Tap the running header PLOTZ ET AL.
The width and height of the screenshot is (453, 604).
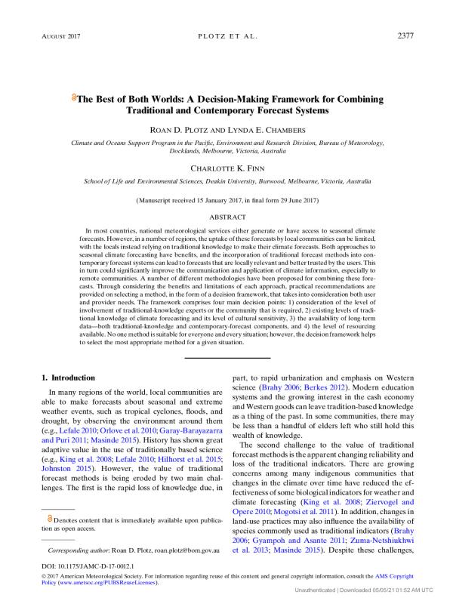226,35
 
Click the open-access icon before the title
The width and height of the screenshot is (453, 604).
73,98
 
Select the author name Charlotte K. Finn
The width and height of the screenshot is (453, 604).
226,169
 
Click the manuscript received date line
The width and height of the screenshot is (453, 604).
226,200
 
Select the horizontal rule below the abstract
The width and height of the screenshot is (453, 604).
226,357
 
